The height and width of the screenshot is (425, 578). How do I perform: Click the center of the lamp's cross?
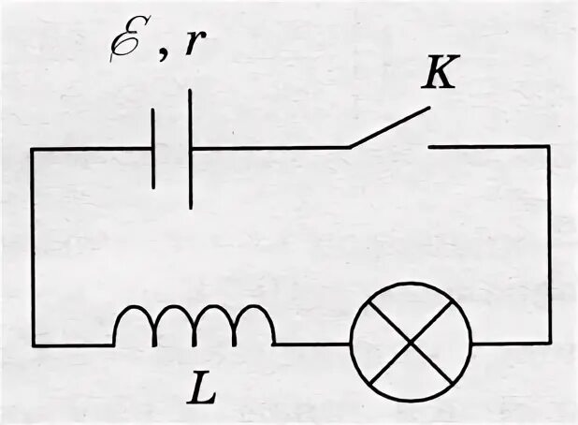410,342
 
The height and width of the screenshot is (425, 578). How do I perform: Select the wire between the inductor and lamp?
312,344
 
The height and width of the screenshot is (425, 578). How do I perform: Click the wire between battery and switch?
271,147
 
